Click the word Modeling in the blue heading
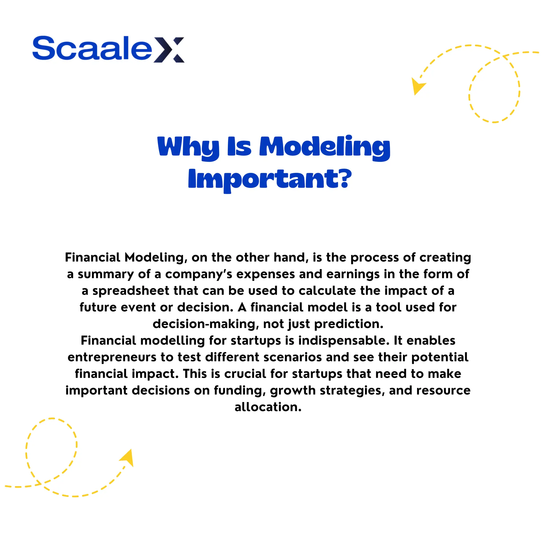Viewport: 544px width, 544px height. click(x=325, y=147)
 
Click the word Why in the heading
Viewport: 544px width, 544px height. click(x=188, y=147)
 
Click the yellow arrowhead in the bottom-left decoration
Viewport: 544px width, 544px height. click(x=127, y=458)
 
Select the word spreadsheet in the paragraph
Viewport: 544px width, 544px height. click(x=131, y=291)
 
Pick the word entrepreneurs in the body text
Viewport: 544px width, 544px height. click(x=112, y=357)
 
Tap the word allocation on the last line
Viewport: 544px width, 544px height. click(x=268, y=407)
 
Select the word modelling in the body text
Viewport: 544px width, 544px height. click(x=172, y=341)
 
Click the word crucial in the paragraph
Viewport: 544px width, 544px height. click(x=245, y=374)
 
